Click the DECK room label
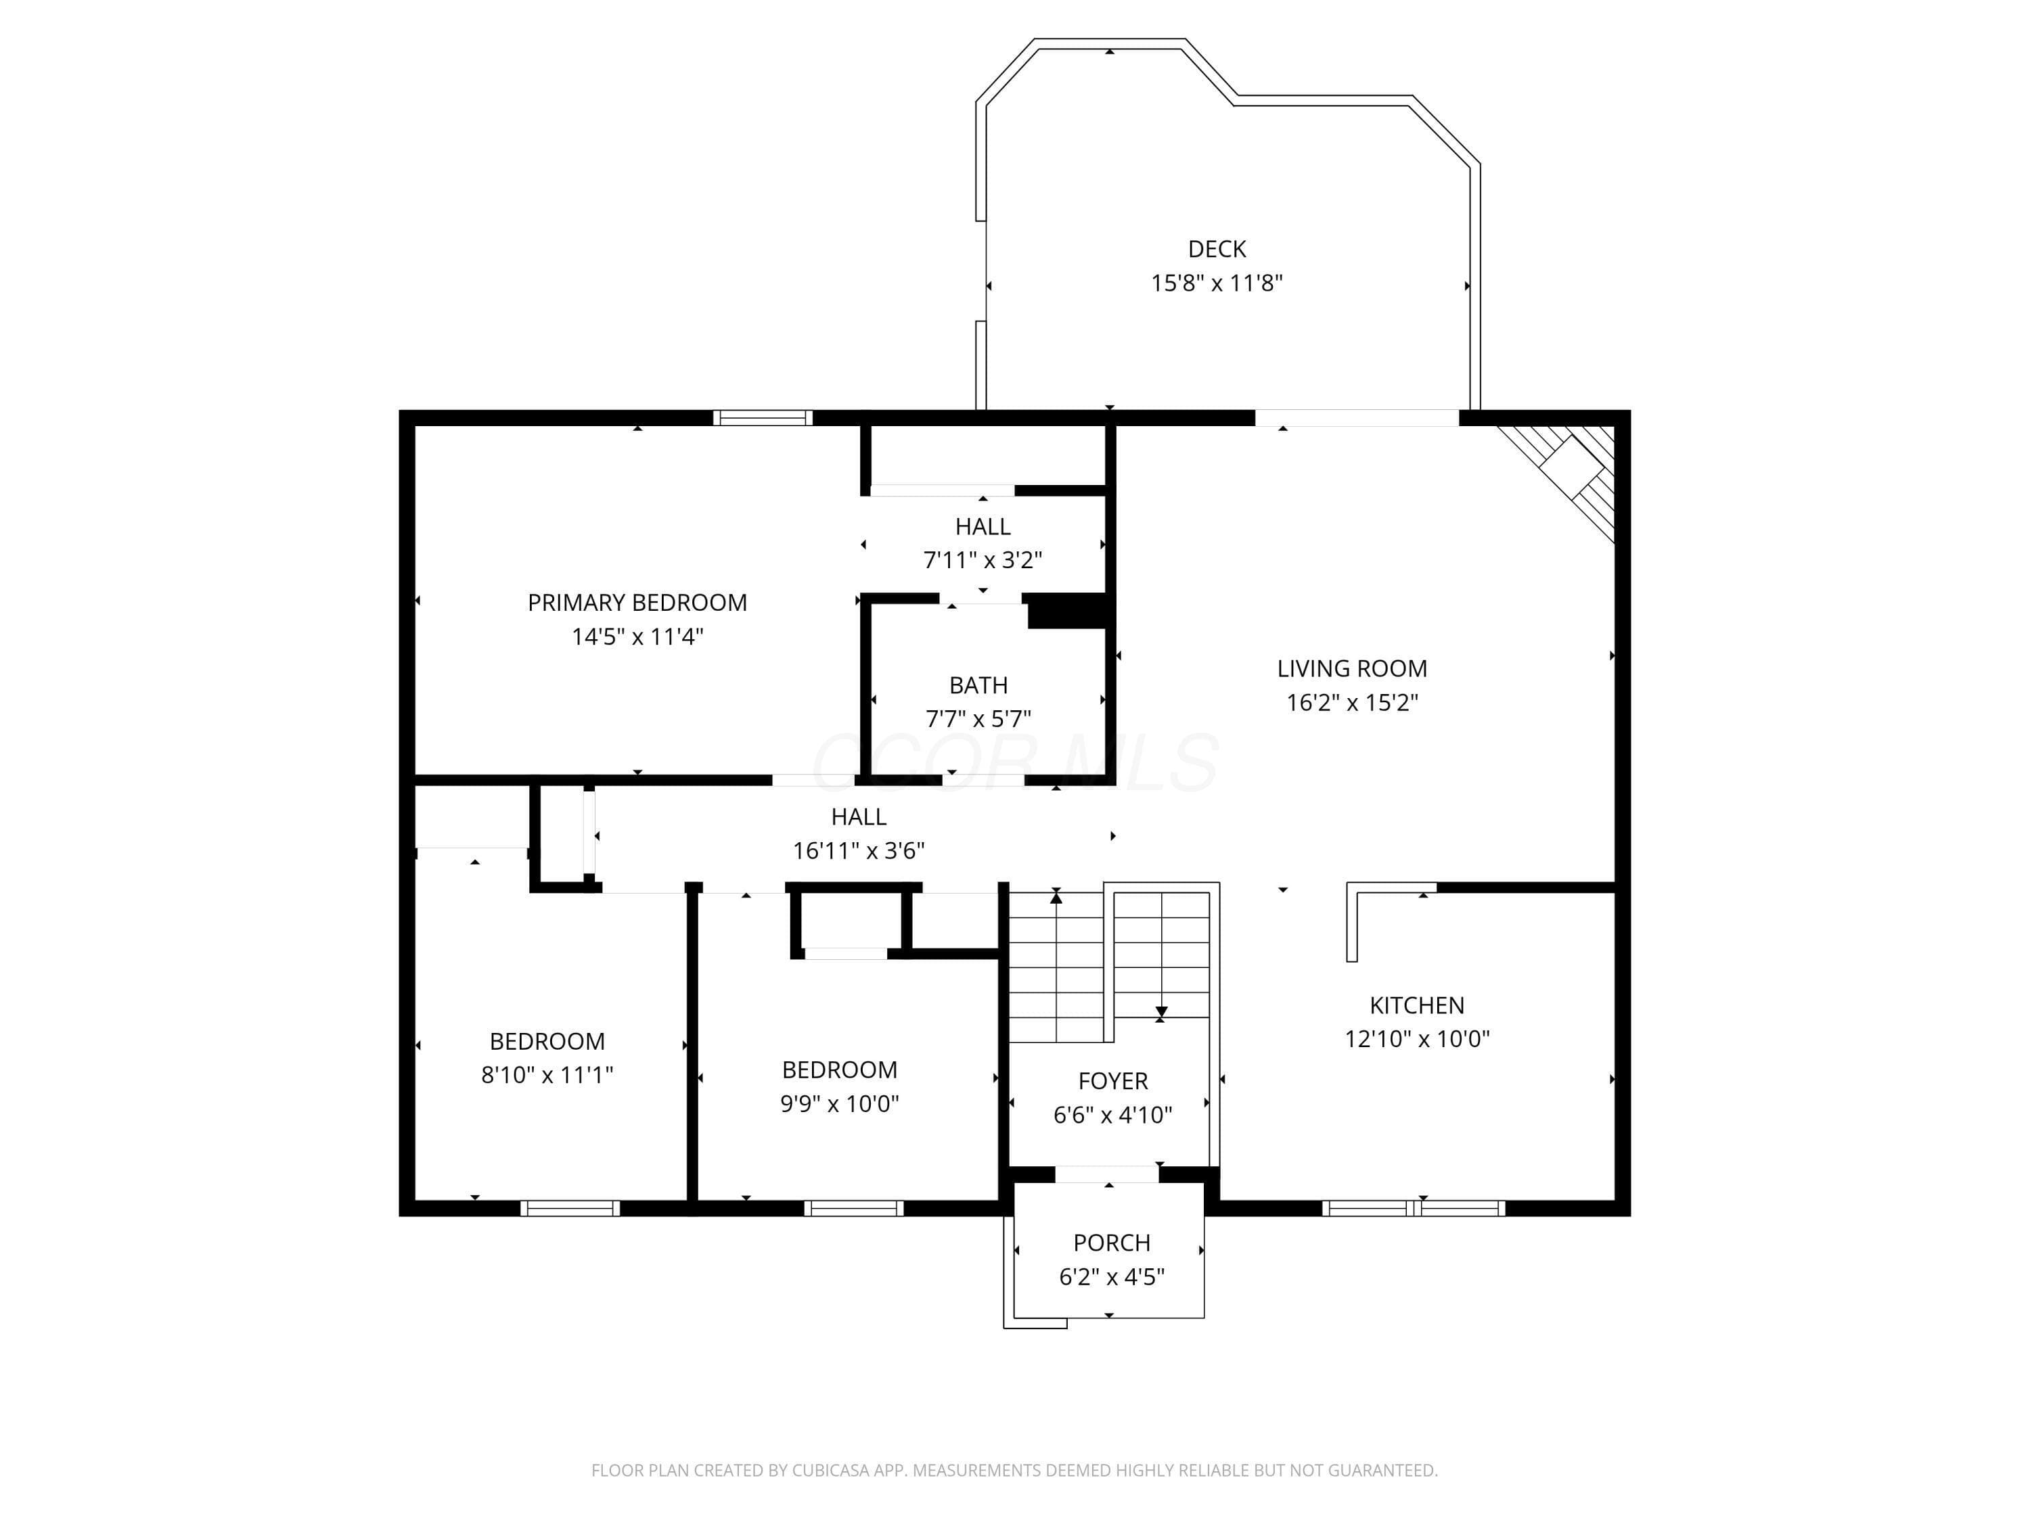1217,249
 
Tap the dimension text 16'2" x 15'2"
1352,703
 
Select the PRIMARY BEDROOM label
637,603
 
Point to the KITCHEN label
1417,1005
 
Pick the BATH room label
978,685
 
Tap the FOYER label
1113,1081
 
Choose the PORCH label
1111,1243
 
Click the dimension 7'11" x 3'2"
983,559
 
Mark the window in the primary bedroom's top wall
763,418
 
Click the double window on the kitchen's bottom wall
1414,1208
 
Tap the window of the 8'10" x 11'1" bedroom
570,1208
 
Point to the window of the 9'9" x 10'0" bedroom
853,1208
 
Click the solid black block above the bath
1066,611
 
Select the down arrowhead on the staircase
1161,1012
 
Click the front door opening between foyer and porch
1107,1174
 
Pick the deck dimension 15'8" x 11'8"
1217,283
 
